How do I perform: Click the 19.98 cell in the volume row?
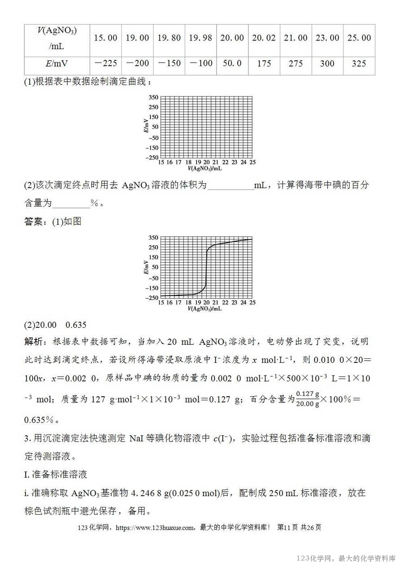201,38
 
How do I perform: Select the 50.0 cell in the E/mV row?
232,63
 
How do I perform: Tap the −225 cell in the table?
106,63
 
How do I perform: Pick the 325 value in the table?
359,63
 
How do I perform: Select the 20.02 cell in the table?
264,38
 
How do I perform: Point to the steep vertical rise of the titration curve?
207,270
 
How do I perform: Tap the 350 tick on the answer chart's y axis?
154,237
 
